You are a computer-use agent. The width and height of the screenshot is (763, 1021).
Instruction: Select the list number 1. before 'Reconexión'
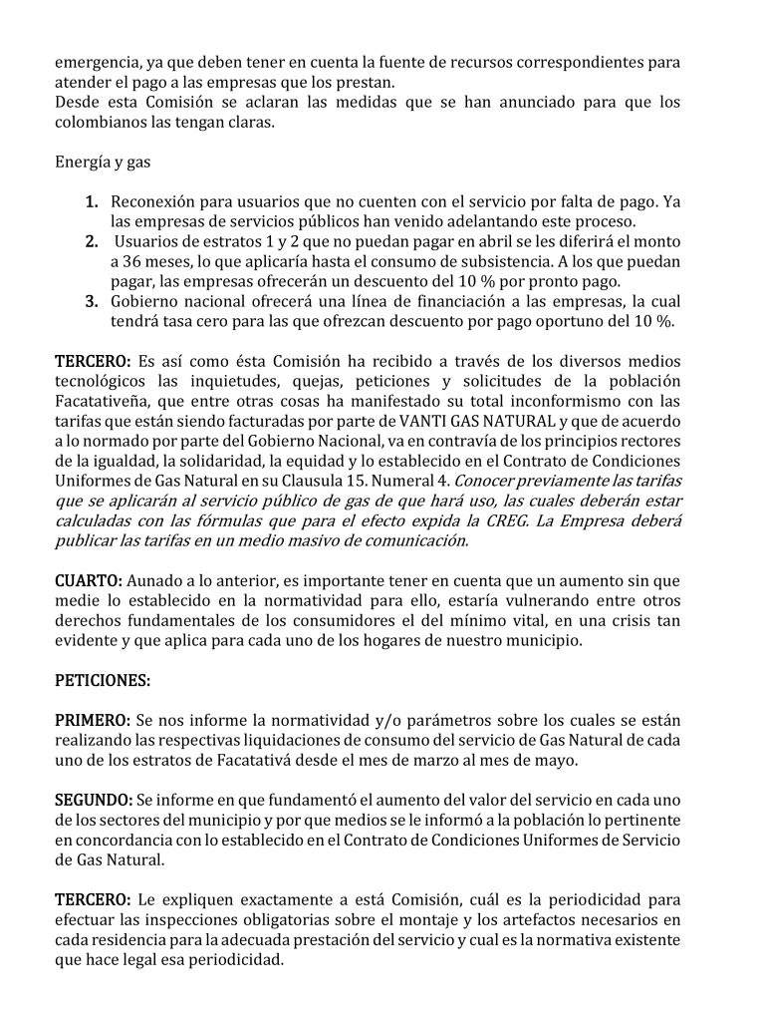[91, 202]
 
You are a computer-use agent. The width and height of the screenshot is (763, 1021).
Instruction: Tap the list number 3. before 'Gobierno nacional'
[91, 301]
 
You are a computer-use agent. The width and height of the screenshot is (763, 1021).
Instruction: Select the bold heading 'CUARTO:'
[88, 580]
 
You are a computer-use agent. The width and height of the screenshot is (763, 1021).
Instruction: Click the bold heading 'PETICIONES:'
[103, 680]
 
